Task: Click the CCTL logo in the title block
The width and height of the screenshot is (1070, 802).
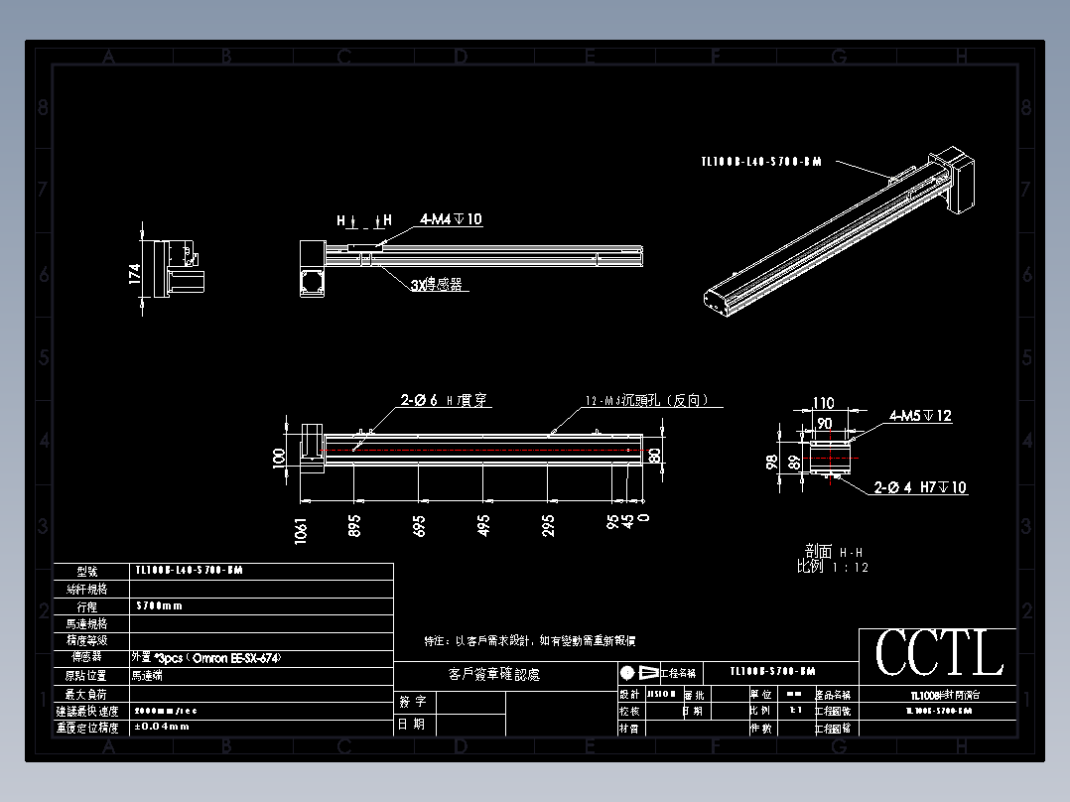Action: (938, 653)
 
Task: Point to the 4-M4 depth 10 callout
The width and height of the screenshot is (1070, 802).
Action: (451, 219)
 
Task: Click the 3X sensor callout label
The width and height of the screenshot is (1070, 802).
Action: (439, 285)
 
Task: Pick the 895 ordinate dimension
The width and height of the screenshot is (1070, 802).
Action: (354, 525)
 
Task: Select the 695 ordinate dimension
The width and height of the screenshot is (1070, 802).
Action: (419, 525)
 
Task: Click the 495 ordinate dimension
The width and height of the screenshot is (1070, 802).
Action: (483, 525)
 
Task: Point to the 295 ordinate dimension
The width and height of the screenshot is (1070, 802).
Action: (548, 525)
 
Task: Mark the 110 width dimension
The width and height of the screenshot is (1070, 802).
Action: (824, 404)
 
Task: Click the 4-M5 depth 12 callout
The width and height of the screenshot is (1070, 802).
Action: (920, 416)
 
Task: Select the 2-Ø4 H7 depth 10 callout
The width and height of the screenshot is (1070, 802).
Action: (920, 487)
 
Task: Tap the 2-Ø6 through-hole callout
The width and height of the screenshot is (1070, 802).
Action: (444, 400)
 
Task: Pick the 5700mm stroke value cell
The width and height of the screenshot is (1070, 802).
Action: (159, 605)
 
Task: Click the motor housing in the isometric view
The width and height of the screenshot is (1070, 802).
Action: (957, 180)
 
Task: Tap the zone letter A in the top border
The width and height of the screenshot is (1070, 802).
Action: (109, 58)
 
